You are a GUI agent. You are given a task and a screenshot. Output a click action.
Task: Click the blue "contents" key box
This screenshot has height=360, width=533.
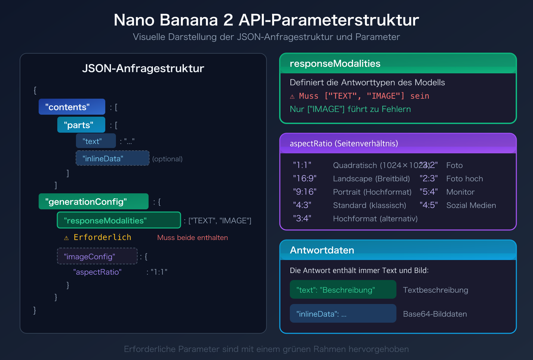[x=72, y=107]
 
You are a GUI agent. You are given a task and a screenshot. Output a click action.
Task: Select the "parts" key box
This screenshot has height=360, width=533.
[x=81, y=125]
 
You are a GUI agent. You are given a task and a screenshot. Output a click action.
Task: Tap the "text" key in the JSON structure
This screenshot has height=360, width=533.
[x=96, y=141]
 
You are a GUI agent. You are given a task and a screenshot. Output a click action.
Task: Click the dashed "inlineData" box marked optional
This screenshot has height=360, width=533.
[x=112, y=158]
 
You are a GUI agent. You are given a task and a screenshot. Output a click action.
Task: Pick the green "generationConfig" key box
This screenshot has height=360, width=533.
[x=93, y=202]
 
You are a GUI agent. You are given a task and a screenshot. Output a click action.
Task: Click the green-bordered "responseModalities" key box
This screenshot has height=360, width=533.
[x=119, y=220]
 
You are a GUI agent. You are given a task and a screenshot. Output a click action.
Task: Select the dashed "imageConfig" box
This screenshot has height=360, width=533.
[x=97, y=256]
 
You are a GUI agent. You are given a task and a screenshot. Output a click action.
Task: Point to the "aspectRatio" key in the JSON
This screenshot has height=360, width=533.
[x=97, y=272]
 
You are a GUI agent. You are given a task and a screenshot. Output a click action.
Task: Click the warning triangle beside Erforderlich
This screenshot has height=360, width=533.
[x=67, y=238]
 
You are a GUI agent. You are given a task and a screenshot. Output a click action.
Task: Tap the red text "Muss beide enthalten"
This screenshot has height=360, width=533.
[x=193, y=238]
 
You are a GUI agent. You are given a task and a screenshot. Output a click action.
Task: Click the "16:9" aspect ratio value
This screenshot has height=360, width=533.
[x=305, y=179]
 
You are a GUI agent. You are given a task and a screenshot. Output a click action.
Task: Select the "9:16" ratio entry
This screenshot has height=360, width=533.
[x=305, y=192]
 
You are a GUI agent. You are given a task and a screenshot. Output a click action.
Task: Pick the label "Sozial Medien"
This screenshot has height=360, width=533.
[x=471, y=205]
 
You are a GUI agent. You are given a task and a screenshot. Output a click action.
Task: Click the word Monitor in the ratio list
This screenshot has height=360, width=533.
[x=460, y=192]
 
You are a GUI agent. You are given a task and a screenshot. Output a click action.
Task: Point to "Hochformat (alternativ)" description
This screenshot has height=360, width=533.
[x=375, y=219]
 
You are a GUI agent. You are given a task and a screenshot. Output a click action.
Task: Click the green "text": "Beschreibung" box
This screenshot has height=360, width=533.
[x=343, y=290]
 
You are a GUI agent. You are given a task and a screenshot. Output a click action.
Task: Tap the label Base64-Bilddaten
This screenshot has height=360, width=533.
[x=435, y=314]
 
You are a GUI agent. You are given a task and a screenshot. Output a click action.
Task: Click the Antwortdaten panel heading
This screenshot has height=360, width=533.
[x=322, y=250]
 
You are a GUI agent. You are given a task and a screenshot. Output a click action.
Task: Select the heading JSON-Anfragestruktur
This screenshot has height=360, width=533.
[x=143, y=68]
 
